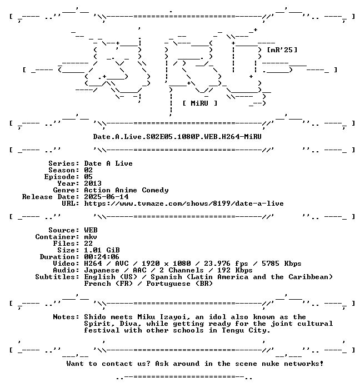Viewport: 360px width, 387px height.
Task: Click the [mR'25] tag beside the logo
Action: click(x=282, y=50)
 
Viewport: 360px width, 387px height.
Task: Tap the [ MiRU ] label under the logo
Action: click(x=200, y=103)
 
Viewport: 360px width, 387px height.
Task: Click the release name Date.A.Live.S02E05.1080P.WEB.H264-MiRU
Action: click(x=177, y=137)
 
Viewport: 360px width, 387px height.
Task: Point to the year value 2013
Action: click(x=93, y=183)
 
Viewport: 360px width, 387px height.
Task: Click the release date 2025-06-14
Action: click(x=106, y=197)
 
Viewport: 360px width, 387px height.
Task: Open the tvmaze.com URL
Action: click(x=184, y=204)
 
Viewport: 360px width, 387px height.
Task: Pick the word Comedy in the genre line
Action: click(x=155, y=190)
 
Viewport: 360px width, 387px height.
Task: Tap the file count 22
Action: click(x=88, y=244)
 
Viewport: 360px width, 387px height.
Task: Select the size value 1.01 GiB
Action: click(x=102, y=250)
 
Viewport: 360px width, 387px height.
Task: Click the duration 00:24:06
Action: click(x=102, y=257)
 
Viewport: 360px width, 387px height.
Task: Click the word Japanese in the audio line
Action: click(x=102, y=270)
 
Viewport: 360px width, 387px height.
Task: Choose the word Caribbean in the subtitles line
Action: click(x=308, y=277)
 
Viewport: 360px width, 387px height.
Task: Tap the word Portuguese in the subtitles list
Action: click(x=168, y=284)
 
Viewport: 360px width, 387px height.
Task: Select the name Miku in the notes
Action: click(x=146, y=317)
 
